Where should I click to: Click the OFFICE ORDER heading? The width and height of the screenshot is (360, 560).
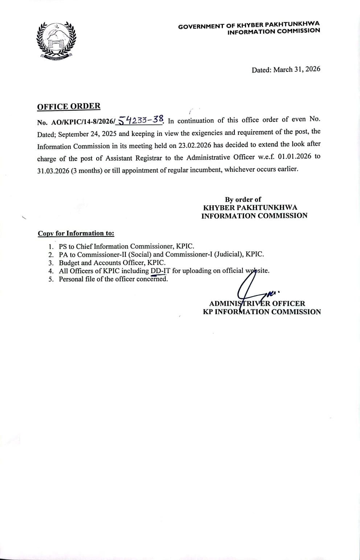point(69,106)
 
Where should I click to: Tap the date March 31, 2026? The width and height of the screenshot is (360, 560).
point(296,69)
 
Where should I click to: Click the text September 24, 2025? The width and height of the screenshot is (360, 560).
point(87,134)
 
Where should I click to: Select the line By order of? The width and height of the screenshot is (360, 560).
point(243,199)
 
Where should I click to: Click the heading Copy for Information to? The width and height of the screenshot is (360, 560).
point(76,233)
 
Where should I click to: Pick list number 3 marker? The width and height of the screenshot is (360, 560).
point(51,263)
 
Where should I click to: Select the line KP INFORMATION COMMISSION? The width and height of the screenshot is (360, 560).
point(262,312)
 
